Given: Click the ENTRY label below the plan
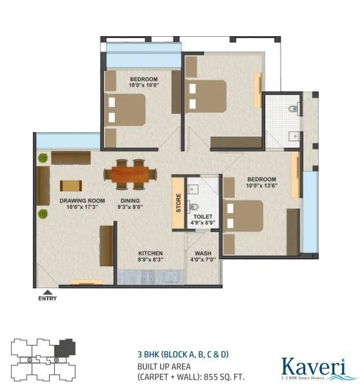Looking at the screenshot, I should tap(47, 298).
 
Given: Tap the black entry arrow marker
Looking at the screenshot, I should tap(47, 292).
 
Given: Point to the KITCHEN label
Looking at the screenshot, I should tap(150, 253).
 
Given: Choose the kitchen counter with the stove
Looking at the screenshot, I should tap(150, 277).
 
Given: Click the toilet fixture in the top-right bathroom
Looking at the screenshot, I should tap(294, 110).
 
